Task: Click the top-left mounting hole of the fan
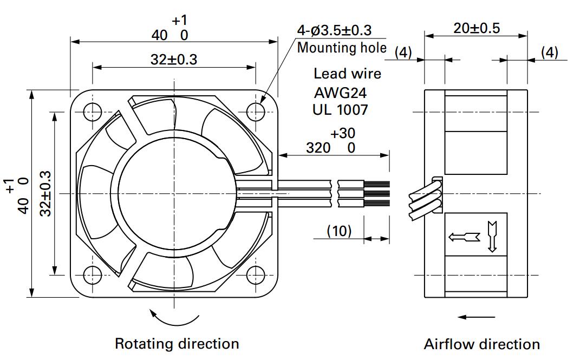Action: click(93, 112)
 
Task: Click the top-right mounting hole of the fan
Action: click(256, 112)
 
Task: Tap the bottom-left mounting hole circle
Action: click(93, 275)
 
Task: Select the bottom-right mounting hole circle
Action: click(256, 275)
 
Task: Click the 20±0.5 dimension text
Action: click(477, 28)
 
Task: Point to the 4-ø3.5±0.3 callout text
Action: click(334, 30)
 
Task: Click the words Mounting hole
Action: click(342, 48)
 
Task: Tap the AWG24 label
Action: click(340, 93)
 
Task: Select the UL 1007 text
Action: click(340, 110)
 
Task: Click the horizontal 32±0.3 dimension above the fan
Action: click(174, 60)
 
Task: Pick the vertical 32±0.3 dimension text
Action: click(45, 193)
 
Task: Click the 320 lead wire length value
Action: click(318, 148)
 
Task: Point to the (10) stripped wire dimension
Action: click(339, 231)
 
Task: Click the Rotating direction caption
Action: click(177, 344)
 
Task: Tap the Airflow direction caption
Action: click(482, 344)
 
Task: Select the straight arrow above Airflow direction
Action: click(476, 317)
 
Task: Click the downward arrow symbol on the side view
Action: click(492, 237)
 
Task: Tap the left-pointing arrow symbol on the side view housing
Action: click(464, 237)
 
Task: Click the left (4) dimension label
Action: click(403, 53)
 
